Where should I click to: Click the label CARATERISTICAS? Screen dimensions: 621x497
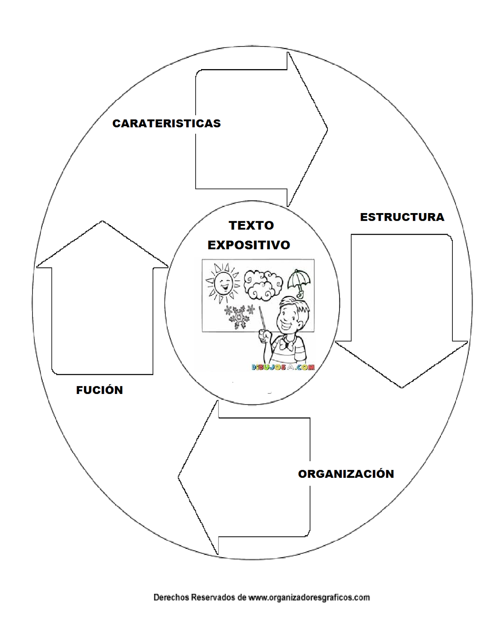point(166,123)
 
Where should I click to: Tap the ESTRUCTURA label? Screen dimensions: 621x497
point(402,217)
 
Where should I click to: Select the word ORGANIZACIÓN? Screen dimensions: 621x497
point(346,474)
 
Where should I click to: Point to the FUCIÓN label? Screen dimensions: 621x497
point(99,390)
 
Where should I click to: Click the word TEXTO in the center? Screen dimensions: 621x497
point(251,226)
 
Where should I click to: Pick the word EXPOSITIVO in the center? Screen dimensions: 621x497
point(249,245)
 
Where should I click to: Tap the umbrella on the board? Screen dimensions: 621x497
point(297,281)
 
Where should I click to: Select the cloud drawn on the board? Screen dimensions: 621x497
point(262,285)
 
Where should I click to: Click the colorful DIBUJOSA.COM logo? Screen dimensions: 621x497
point(283,367)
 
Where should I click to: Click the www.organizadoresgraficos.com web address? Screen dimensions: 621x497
point(309,597)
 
